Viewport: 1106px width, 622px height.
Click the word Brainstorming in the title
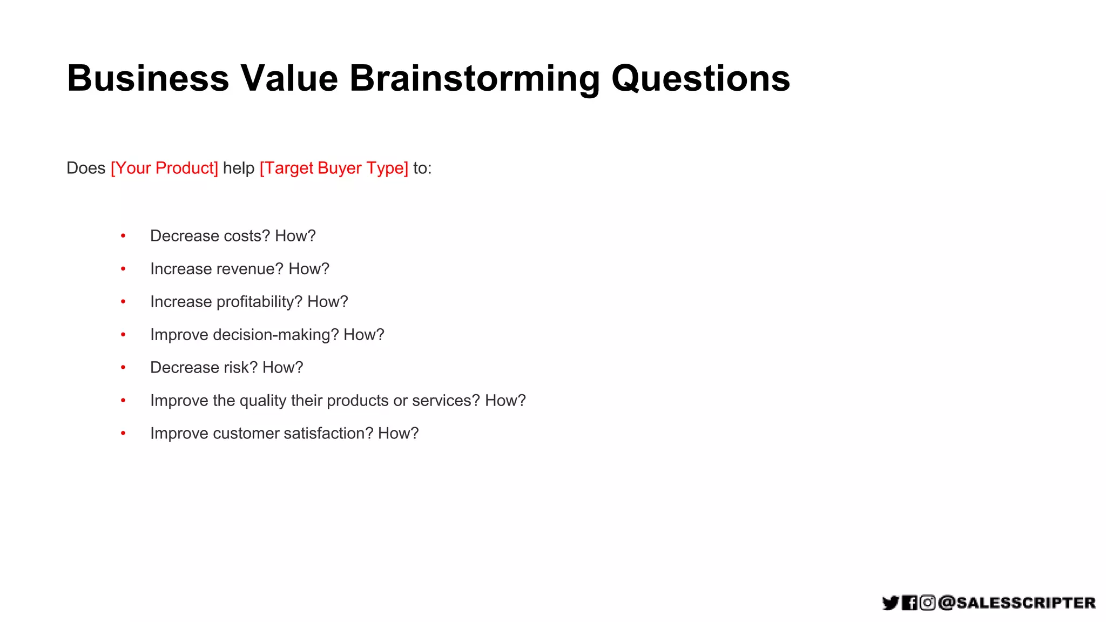coord(474,79)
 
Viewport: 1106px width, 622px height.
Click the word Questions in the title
coord(700,79)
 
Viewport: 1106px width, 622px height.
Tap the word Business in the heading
coord(148,79)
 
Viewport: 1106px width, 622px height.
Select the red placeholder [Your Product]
coord(164,168)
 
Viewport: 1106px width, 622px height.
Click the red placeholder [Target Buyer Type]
coord(334,168)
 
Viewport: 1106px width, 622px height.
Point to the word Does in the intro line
coord(86,168)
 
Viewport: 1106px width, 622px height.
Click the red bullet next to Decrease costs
coord(123,236)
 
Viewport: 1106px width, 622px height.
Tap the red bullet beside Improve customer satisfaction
coord(123,434)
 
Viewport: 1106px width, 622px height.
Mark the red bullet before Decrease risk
coord(123,368)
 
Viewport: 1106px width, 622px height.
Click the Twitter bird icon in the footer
coord(891,603)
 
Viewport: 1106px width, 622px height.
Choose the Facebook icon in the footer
coord(909,603)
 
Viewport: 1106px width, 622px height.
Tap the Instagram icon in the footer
coord(927,603)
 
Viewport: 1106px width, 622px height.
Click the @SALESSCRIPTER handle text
coord(1017,603)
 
